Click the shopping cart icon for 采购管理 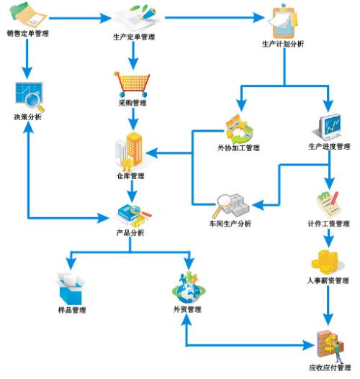pos(132,83)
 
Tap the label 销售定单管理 pos(28,33)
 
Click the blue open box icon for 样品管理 pos(71,288)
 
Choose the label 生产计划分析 pos(283,44)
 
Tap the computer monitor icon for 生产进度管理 pos(328,127)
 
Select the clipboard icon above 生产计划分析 pos(283,22)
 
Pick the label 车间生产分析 pos(230,224)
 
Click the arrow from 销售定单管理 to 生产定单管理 pos(80,18)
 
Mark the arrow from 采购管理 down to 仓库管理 pos(132,119)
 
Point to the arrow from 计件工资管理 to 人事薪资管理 pos(328,238)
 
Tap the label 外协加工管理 pos(239,147)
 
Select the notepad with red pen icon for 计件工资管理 pos(328,205)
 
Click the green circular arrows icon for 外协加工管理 pos(240,129)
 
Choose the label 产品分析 pos(130,233)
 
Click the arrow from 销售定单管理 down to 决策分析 pos(27,58)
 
